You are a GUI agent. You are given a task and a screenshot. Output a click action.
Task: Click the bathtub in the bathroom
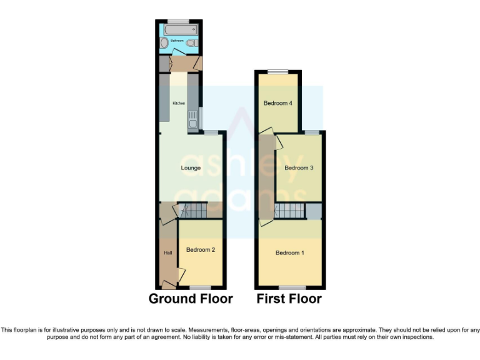[x=180, y=28]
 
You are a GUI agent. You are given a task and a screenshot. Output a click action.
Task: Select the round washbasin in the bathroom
[x=164, y=43]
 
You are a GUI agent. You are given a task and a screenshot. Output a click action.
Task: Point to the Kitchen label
[x=179, y=103]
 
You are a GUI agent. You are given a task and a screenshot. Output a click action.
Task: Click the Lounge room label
[x=191, y=168]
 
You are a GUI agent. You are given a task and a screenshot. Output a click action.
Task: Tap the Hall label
[x=167, y=253]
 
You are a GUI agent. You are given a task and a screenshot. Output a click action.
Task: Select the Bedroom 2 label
[x=201, y=250]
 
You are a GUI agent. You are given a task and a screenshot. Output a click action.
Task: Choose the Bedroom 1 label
[x=290, y=252]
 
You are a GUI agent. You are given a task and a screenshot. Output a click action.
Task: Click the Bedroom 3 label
[x=299, y=167]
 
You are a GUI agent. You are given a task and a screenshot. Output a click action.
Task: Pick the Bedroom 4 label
[x=277, y=103]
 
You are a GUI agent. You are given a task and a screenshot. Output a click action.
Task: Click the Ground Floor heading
[x=191, y=299]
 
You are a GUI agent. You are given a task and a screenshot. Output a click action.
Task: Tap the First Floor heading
[x=289, y=299]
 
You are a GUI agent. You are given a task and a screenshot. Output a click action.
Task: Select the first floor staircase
[x=289, y=211]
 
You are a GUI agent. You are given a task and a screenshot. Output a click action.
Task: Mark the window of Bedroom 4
[x=279, y=71]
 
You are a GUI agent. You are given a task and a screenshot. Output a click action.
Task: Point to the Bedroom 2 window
[x=201, y=287]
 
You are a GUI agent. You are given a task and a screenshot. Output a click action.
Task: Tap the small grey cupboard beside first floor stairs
[x=314, y=211]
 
